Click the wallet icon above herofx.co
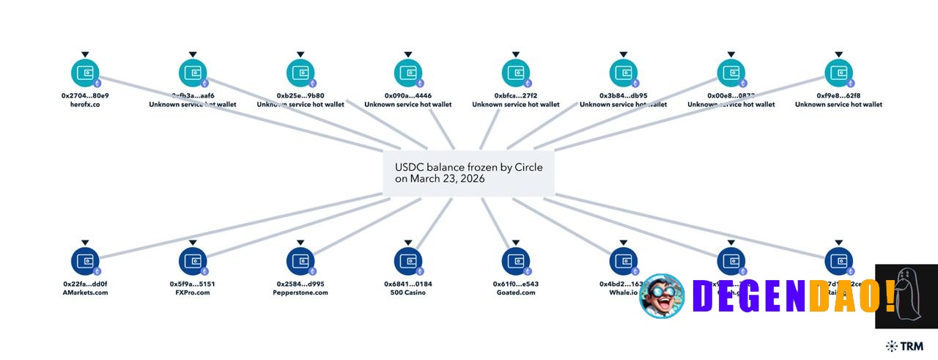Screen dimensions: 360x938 pos(85,73)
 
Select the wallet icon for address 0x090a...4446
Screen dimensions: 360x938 pos(408,73)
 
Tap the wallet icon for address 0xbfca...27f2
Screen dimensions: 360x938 pos(516,73)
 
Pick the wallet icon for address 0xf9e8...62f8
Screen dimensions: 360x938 pos(839,73)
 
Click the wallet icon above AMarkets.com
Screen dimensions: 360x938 pos(85,261)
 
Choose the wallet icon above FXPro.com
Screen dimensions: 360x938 pos(193,261)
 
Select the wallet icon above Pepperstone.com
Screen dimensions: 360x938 pos(300,261)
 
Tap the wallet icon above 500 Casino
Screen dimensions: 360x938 pos(408,261)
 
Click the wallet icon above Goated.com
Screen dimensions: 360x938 pos(516,261)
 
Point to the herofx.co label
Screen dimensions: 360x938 pos(85,105)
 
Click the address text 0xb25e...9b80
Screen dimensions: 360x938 pos(300,96)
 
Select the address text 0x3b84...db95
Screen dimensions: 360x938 pos(624,96)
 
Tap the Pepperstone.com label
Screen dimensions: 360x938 pos(300,293)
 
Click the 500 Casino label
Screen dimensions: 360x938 pos(408,293)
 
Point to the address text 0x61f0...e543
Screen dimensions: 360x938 pos(516,284)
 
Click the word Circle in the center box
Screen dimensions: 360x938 pos(526,167)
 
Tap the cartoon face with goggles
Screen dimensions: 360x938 pos(662,295)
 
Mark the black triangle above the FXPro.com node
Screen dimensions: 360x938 pos(193,242)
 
